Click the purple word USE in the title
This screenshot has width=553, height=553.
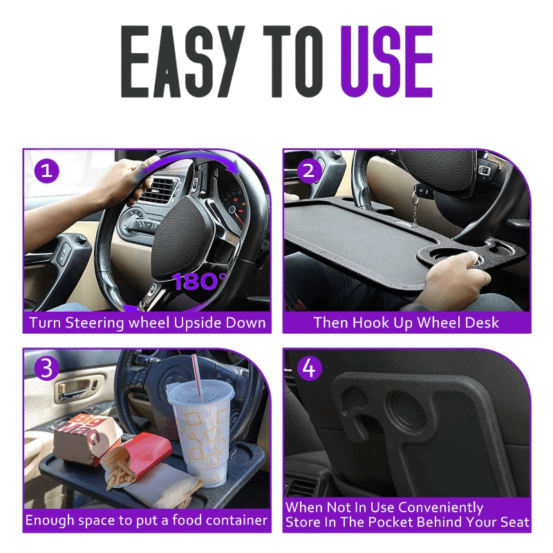coord(387,62)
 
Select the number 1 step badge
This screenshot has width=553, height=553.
coord(46,171)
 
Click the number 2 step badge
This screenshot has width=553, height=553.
coord(308,171)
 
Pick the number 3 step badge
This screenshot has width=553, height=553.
coord(46,368)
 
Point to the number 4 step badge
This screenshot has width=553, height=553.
coord(309,368)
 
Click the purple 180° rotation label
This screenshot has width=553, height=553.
coord(200,281)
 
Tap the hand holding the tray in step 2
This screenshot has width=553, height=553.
coord(456,279)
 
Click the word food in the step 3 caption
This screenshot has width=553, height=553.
coord(187,521)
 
